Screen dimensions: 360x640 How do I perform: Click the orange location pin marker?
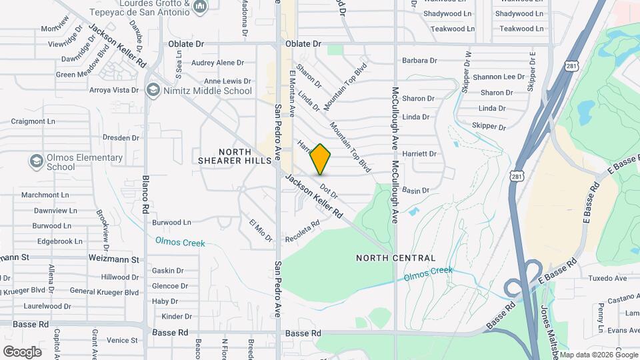pos(321,159)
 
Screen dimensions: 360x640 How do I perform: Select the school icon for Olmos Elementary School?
pos(35,161)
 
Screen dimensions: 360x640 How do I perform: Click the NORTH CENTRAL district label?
pos(395,258)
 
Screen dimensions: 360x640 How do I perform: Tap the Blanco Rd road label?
pos(145,194)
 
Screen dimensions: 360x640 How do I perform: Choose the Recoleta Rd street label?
pos(303,231)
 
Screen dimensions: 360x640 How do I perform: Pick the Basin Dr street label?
pos(415,191)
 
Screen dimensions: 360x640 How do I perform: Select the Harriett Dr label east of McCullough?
pos(419,154)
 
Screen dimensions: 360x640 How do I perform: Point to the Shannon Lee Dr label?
pos(499,77)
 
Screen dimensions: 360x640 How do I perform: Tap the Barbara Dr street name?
pos(419,61)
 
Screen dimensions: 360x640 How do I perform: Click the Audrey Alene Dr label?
pos(217,63)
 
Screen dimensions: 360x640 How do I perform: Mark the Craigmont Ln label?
pos(33,121)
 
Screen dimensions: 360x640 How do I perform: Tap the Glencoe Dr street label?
pos(170,286)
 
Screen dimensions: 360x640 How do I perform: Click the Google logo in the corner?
pos(22,351)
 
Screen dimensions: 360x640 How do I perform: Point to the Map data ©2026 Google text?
pos(598,354)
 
